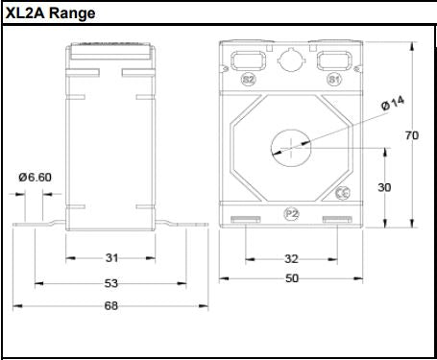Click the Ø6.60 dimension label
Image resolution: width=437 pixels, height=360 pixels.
click(x=35, y=177)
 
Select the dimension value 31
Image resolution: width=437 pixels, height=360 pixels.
click(x=110, y=258)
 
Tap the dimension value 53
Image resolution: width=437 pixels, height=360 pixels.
click(x=110, y=283)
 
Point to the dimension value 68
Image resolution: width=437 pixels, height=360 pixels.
click(x=110, y=306)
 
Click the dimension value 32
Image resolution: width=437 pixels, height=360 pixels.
click(x=292, y=258)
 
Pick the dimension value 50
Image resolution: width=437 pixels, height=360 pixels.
click(x=292, y=278)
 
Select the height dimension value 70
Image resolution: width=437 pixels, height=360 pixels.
click(x=411, y=135)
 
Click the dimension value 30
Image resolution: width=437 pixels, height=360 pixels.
click(x=384, y=187)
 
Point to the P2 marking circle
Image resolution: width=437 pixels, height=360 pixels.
click(x=292, y=212)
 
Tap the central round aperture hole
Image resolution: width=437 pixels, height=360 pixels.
click(x=291, y=146)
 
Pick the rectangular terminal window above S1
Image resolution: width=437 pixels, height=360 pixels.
click(x=333, y=59)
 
